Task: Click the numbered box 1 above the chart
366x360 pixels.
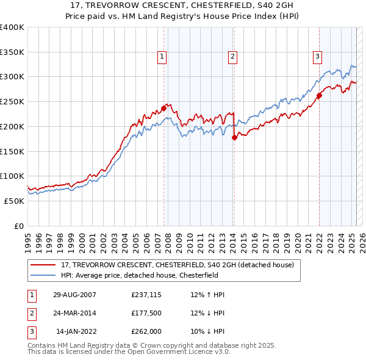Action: (x=162, y=57)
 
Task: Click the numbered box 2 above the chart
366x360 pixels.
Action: (x=233, y=57)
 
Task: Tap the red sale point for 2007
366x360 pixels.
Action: (x=163, y=109)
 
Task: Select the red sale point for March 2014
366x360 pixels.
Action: (x=234, y=138)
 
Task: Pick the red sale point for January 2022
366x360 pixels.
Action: (x=319, y=96)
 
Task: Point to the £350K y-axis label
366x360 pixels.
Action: (x=12, y=52)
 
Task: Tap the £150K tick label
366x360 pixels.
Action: (x=12, y=151)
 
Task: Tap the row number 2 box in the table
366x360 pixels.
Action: (x=30, y=313)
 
